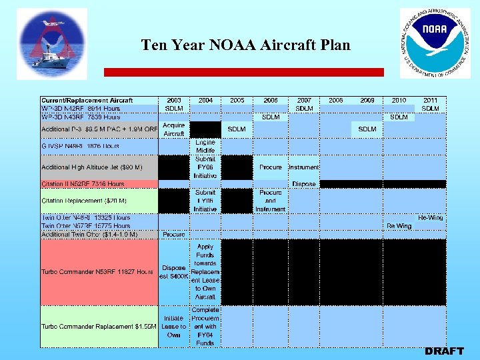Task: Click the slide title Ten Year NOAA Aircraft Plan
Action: [245, 45]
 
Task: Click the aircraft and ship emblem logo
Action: [51, 43]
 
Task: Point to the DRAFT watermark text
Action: [444, 351]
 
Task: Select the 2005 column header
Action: [237, 100]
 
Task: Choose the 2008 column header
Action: [335, 100]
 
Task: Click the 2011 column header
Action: [430, 100]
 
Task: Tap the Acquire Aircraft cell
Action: [173, 129]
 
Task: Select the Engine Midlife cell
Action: [205, 147]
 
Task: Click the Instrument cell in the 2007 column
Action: [304, 167]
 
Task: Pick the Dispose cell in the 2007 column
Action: [304, 184]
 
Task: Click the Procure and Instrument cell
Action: [270, 201]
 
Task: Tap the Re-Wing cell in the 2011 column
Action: [430, 218]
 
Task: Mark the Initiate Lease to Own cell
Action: [173, 327]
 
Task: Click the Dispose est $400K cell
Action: [173, 272]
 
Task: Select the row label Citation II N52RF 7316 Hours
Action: [83, 184]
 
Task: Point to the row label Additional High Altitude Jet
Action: [91, 167]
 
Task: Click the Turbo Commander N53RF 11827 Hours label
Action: [97, 272]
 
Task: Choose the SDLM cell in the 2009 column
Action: [367, 129]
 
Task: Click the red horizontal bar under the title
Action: [243, 72]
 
